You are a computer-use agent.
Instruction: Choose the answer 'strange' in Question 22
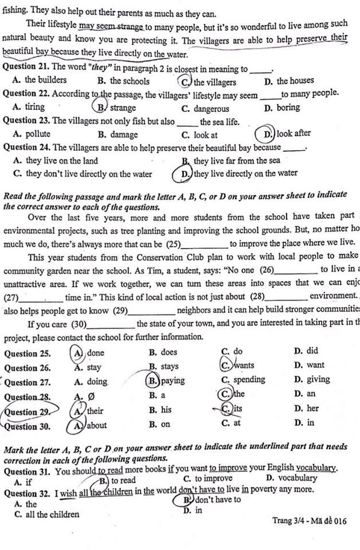point(122,108)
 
